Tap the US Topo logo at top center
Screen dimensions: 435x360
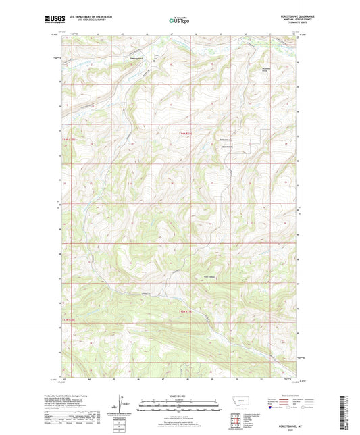179,22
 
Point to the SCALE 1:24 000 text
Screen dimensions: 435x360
180,396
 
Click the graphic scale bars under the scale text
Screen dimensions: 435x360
180,407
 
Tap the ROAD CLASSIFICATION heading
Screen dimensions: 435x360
291,397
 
